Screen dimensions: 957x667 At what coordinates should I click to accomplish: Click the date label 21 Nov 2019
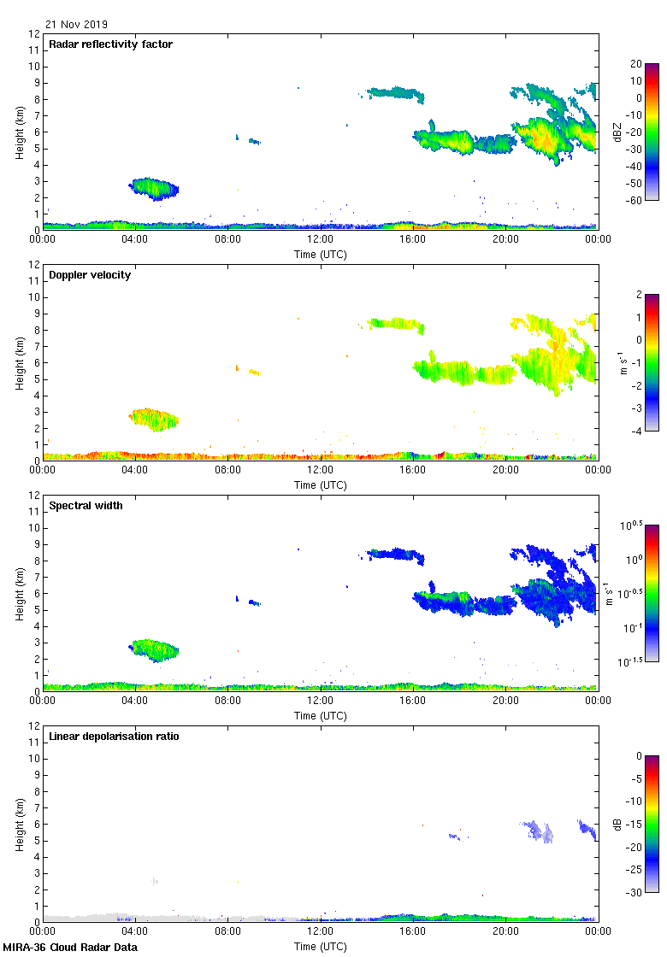click(77, 25)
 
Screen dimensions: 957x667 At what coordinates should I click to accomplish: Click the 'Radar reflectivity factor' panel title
click(111, 44)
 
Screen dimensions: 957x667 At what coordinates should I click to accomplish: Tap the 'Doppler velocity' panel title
click(90, 275)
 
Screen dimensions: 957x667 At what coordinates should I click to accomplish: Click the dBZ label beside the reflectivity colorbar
click(617, 132)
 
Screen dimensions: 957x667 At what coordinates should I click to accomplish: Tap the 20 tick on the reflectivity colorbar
click(636, 64)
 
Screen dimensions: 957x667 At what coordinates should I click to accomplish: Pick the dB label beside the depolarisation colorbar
click(617, 825)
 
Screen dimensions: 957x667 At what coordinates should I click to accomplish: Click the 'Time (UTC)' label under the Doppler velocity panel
click(321, 485)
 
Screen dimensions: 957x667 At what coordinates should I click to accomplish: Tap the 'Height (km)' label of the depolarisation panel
click(19, 825)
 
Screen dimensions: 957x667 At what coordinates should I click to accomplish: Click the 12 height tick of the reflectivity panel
click(35, 34)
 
